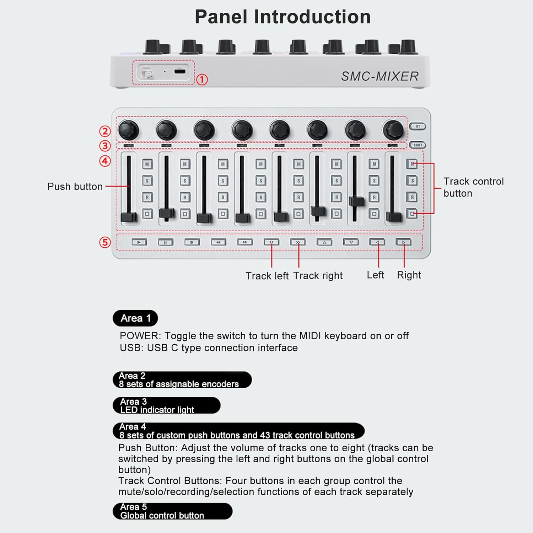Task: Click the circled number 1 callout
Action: (202, 79)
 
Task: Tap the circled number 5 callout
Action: (105, 243)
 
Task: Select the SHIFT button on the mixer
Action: (418, 145)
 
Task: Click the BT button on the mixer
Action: (418, 126)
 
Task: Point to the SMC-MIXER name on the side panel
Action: (379, 76)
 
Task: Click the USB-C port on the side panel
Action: (180, 71)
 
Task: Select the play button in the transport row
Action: (139, 242)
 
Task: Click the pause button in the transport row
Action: (165, 242)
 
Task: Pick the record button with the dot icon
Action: (192, 242)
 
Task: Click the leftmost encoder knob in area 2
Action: (128, 130)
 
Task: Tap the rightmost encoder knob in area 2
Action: (393, 130)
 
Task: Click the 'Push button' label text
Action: (75, 187)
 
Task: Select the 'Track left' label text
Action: (267, 276)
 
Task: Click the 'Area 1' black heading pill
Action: (135, 318)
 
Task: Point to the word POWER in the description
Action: (140, 336)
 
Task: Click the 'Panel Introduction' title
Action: (282, 17)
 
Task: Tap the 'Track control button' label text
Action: (473, 187)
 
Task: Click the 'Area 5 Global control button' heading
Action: (172, 511)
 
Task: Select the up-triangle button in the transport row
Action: (324, 242)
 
